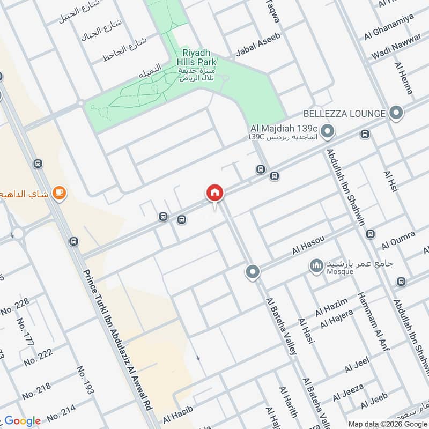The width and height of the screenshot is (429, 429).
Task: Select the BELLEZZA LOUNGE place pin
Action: (x=396, y=113)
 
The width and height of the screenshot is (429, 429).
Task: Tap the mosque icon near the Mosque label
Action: (x=316, y=264)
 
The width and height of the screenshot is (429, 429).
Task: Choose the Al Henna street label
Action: (x=404, y=78)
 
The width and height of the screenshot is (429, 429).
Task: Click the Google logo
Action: (x=23, y=421)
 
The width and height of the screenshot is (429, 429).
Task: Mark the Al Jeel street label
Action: (x=357, y=367)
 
